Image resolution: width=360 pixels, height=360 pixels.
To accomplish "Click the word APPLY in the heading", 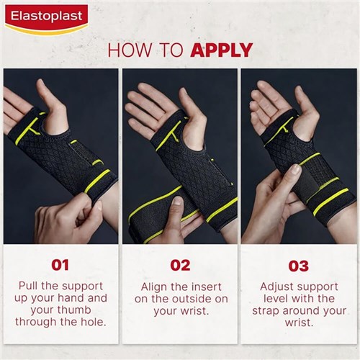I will tap(222, 50).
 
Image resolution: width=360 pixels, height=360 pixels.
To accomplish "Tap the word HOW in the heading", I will tap(127, 50).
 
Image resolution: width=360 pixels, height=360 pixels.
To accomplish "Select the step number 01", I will tap(60, 265).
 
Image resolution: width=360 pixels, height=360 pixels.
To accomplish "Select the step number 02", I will tap(179, 265).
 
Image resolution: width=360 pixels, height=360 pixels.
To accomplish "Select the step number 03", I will tap(299, 265).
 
